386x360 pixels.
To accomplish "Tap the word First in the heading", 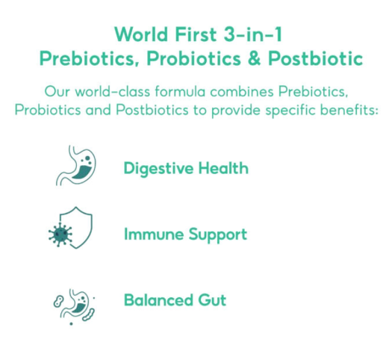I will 190,34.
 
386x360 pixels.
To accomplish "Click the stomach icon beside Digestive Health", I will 75,165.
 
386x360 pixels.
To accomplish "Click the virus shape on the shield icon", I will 60,235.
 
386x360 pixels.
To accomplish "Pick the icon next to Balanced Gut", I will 72,303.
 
